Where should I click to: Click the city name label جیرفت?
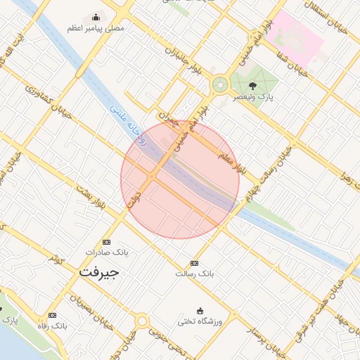99,271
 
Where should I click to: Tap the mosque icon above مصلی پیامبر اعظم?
96,17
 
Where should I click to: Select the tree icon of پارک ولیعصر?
253,86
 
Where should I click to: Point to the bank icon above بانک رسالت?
194,263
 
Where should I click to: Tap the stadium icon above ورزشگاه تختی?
200,311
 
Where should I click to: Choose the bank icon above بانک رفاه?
52,316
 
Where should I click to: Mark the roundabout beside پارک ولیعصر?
220,85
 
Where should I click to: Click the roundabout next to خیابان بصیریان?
143,322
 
